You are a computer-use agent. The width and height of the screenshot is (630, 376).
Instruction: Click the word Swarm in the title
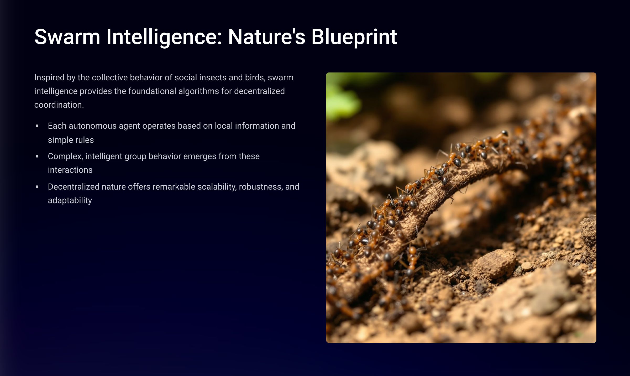point(67,37)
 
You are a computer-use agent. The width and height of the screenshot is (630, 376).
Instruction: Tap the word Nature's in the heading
point(267,37)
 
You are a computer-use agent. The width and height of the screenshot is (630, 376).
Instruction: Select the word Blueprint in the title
point(354,37)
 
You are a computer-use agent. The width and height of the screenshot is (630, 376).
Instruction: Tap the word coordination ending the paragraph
point(59,105)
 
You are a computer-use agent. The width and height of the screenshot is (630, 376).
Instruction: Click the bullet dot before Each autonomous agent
point(37,126)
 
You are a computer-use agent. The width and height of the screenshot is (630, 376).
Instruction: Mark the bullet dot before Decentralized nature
point(37,187)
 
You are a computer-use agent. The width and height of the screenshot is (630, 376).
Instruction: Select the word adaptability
point(70,201)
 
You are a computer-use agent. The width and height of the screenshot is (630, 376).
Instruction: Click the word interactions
point(70,170)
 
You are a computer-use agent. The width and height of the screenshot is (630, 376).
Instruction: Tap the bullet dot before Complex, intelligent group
point(37,156)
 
